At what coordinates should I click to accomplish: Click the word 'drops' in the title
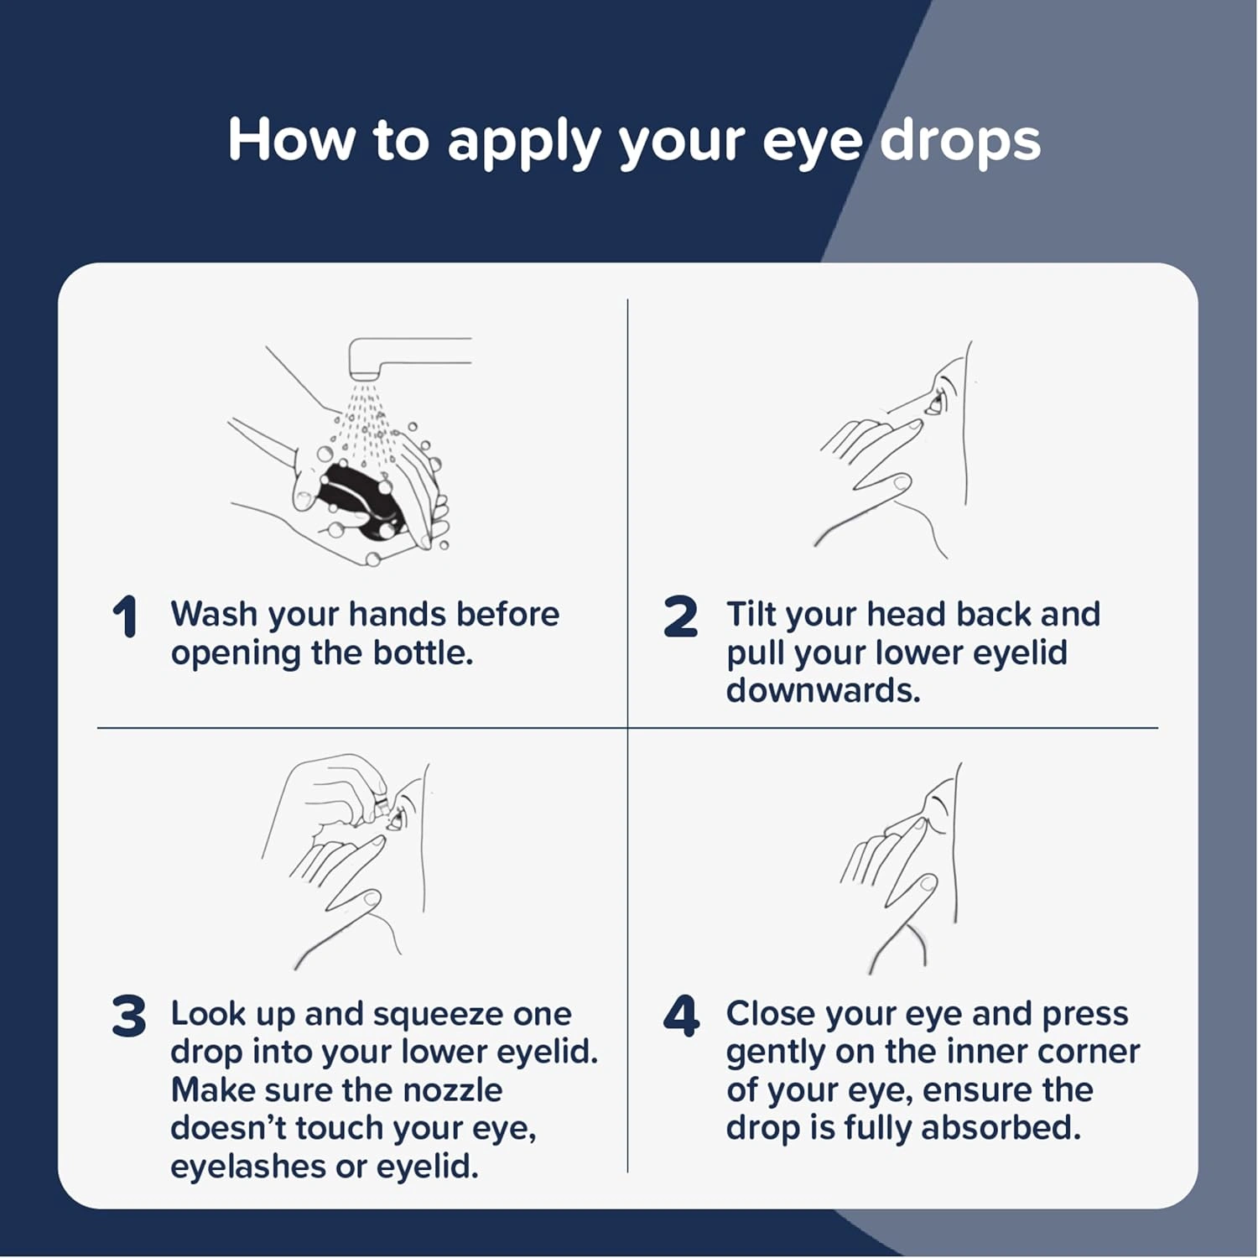960,139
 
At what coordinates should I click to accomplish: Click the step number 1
125,618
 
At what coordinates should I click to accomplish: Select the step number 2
680,617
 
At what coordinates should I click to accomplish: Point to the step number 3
128,1016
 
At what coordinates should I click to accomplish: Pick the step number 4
681,1016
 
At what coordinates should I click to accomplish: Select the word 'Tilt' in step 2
751,614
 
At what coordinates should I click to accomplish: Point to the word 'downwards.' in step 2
824,690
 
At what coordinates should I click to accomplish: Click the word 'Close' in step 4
770,1013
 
